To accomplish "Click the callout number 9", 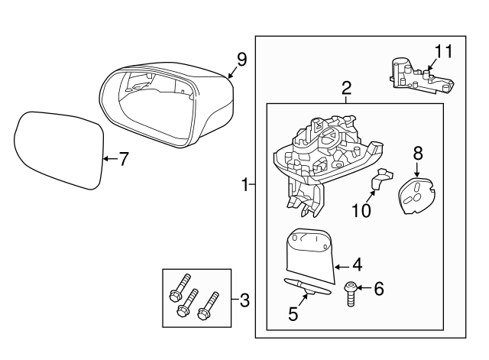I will [241, 60].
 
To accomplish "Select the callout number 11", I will [444, 51].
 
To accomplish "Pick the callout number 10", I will [361, 209].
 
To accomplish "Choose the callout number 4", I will [356, 266].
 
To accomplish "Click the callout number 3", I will [244, 300].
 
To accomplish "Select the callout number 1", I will [244, 184].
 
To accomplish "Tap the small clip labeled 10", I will [377, 180].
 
